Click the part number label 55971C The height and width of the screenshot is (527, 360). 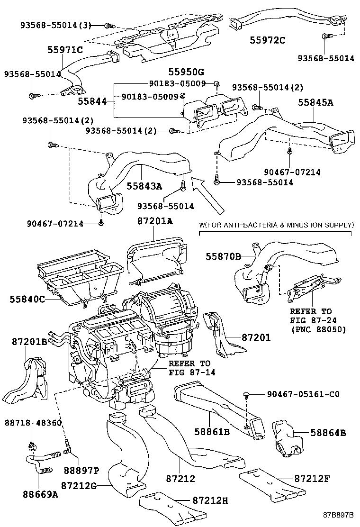click(x=64, y=50)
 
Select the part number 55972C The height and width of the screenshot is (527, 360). click(x=268, y=40)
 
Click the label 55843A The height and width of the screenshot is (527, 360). click(x=144, y=186)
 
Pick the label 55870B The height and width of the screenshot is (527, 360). click(x=223, y=256)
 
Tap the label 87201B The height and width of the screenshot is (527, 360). click(x=24, y=341)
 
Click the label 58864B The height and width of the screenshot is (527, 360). click(x=328, y=432)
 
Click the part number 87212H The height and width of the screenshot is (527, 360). click(x=210, y=500)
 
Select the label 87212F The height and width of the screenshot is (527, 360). click(x=311, y=478)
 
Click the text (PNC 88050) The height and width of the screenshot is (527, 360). click(x=318, y=329)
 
